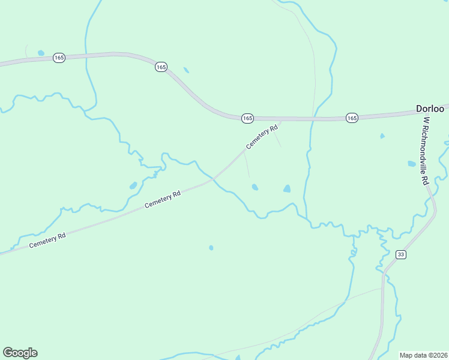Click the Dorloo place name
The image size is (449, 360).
click(x=430, y=109)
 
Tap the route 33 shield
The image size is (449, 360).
click(x=401, y=254)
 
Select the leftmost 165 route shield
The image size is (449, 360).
click(x=59, y=58)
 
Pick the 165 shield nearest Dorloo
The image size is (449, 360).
click(x=352, y=118)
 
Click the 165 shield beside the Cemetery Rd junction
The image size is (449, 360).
click(x=247, y=118)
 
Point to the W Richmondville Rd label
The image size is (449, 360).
click(x=425, y=151)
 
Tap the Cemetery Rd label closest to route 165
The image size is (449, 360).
click(x=262, y=137)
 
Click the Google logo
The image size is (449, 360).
click(x=20, y=353)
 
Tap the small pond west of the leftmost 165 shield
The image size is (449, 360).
click(x=41, y=53)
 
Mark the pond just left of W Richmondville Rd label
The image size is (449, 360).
click(x=411, y=163)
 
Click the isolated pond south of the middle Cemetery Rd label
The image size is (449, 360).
click(x=211, y=247)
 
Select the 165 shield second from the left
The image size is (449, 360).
click(x=160, y=67)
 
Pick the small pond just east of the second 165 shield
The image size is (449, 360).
click(x=186, y=70)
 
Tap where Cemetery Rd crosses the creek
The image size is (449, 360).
click(x=214, y=179)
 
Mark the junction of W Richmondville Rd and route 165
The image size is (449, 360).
click(x=420, y=112)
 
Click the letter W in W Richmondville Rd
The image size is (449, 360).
click(x=426, y=120)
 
